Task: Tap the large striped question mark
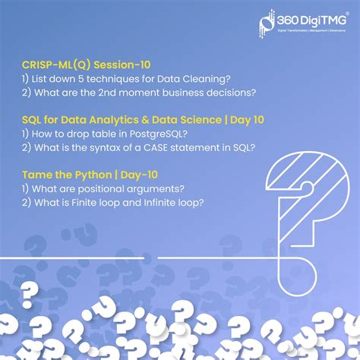point(304,205)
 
